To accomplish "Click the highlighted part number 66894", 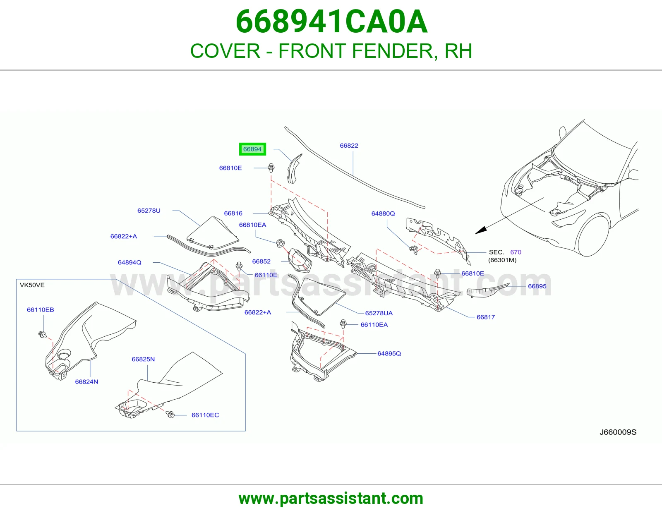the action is pyautogui.click(x=252, y=149).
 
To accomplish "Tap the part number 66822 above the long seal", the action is pyautogui.click(x=349, y=146).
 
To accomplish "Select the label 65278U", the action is pyautogui.click(x=149, y=211).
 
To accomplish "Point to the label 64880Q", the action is pyautogui.click(x=383, y=213).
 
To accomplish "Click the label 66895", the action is pyautogui.click(x=537, y=286).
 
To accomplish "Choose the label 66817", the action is pyautogui.click(x=486, y=317).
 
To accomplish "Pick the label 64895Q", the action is pyautogui.click(x=389, y=353).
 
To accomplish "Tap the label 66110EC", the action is pyautogui.click(x=205, y=415).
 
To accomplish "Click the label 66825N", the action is pyautogui.click(x=143, y=359).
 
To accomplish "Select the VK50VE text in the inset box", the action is pyautogui.click(x=32, y=285).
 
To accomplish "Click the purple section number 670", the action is pyautogui.click(x=516, y=252).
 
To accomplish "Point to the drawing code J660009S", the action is pyautogui.click(x=618, y=432).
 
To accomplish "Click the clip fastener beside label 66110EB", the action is pyautogui.click(x=42, y=335).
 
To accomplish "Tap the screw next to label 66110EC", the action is pyautogui.click(x=170, y=414).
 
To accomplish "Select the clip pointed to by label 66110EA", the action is pyautogui.click(x=343, y=324).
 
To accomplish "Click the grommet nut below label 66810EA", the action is pyautogui.click(x=280, y=244).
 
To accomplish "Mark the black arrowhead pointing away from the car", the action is pyautogui.click(x=481, y=230).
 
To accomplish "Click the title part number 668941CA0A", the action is pyautogui.click(x=331, y=22).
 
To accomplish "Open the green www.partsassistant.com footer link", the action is pyautogui.click(x=331, y=499).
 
